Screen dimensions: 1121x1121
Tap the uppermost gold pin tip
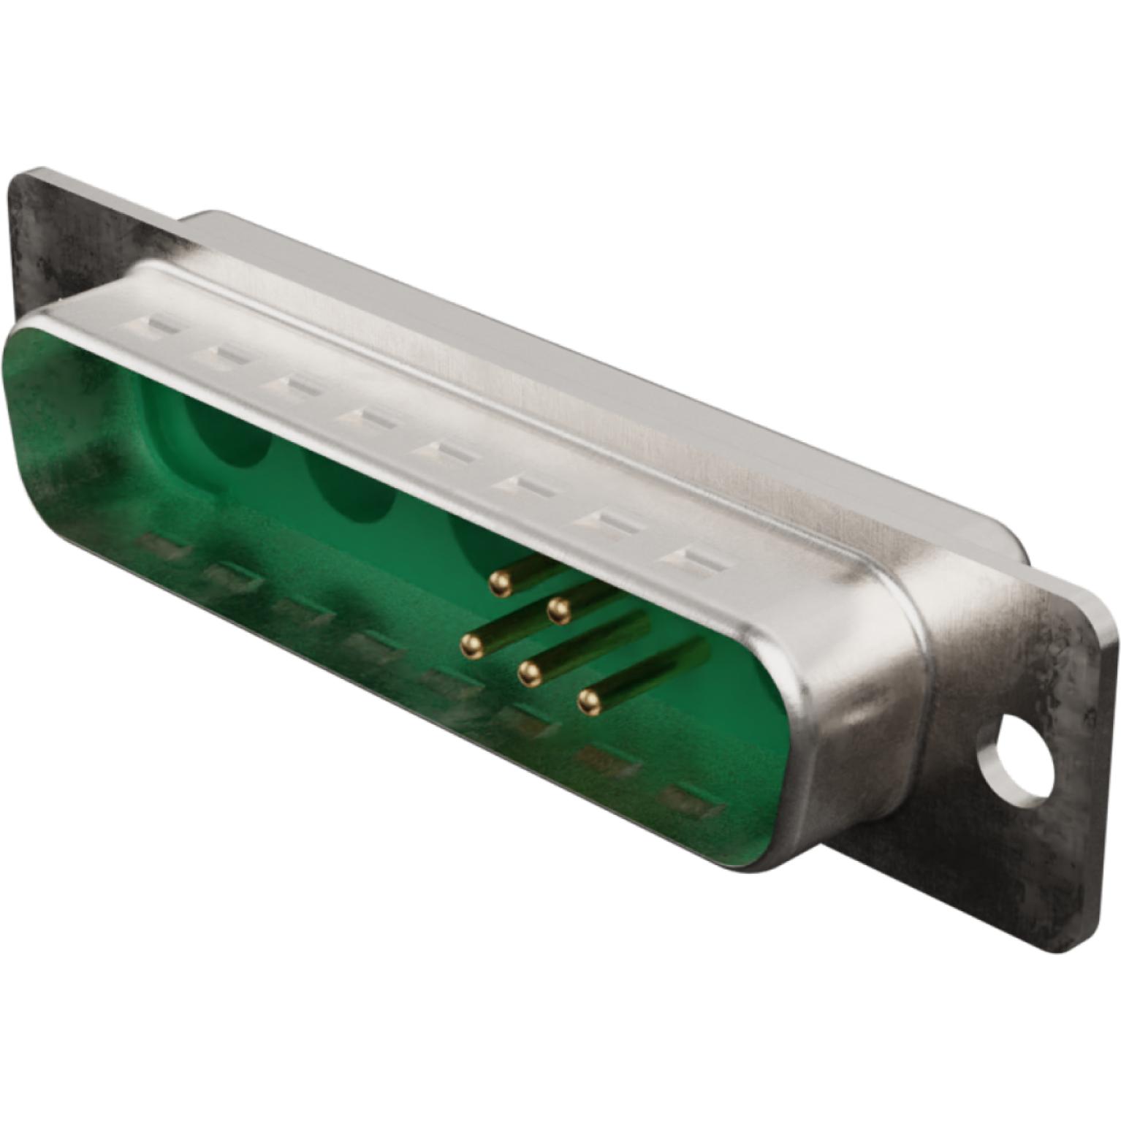(x=501, y=582)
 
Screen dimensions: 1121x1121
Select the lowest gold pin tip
(x=589, y=702)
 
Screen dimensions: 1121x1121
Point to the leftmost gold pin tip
(x=472, y=645)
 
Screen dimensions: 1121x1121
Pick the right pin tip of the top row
(x=559, y=609)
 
